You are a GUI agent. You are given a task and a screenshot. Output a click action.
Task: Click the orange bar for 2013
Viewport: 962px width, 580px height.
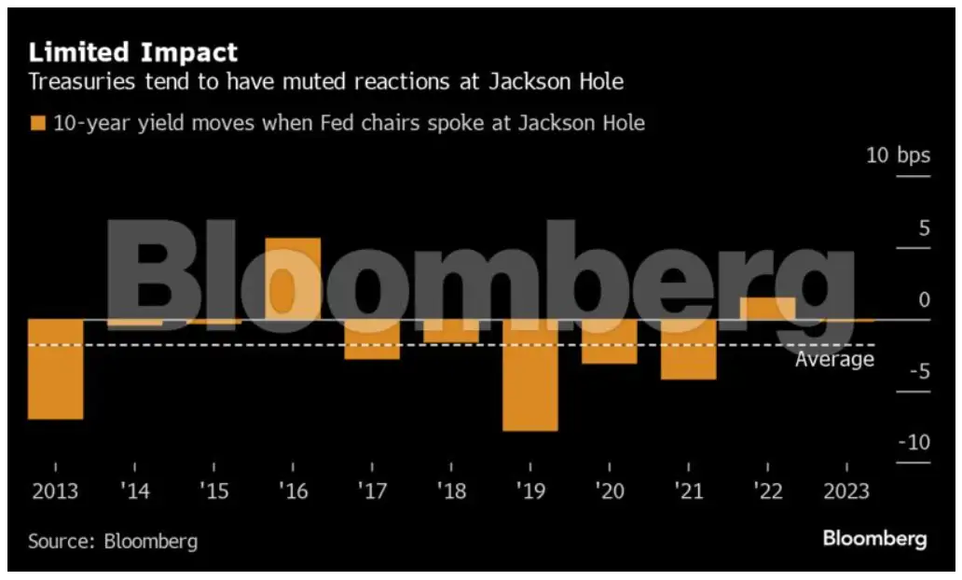(x=55, y=369)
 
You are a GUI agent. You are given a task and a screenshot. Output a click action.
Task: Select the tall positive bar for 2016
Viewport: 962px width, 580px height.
(x=293, y=279)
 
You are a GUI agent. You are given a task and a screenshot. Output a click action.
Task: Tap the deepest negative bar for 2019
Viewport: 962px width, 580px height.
(x=530, y=375)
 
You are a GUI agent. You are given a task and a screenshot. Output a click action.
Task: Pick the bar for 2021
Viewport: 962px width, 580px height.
(x=689, y=350)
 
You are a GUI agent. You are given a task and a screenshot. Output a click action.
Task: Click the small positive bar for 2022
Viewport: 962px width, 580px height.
(x=767, y=309)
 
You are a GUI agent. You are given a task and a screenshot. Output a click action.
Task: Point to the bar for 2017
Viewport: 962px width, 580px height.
(x=372, y=339)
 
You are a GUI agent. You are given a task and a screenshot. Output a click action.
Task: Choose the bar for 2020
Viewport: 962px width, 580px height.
(x=610, y=341)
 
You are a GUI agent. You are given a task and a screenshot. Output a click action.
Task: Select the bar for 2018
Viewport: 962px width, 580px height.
(x=451, y=331)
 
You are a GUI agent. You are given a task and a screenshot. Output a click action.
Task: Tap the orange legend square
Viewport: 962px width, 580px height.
(x=37, y=123)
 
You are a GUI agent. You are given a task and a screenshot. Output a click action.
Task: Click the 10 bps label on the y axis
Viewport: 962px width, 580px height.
(x=898, y=155)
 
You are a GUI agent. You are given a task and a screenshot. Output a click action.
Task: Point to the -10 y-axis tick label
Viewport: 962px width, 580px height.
(x=914, y=442)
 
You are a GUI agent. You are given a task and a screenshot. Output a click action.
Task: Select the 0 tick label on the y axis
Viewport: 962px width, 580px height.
(x=924, y=299)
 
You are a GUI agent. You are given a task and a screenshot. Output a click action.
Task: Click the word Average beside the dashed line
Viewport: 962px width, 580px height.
(x=834, y=359)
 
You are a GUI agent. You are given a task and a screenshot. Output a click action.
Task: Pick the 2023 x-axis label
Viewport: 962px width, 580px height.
(x=845, y=491)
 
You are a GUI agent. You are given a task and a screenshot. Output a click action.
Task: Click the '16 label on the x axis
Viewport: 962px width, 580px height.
(x=293, y=491)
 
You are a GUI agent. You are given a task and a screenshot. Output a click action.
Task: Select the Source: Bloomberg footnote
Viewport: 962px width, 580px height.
(x=113, y=541)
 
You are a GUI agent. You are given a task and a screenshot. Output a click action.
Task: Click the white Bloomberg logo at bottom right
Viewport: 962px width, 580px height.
(x=874, y=539)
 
